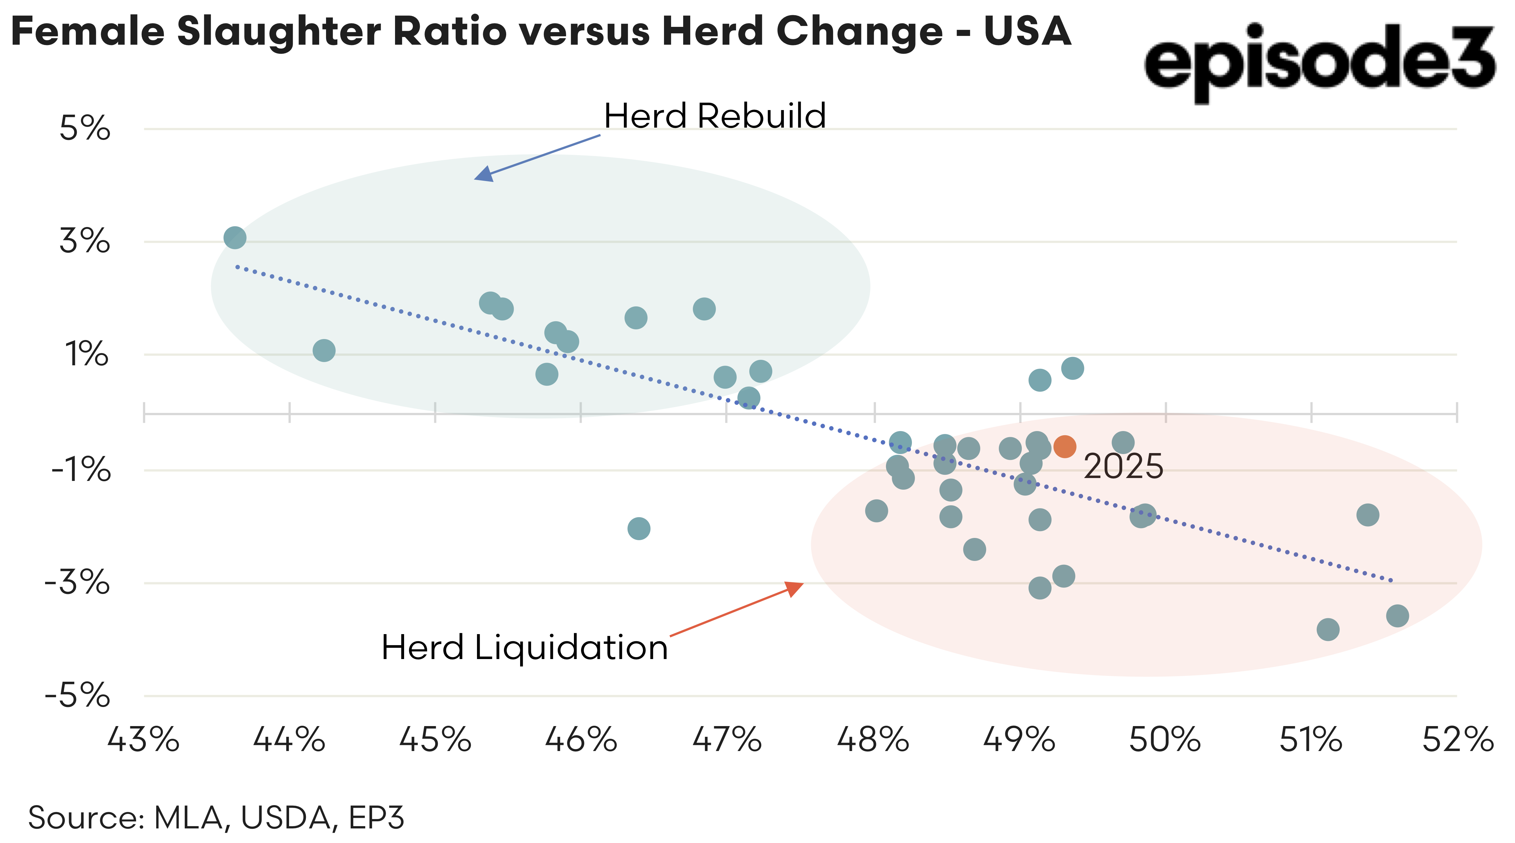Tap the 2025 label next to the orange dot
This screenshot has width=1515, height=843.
1123,467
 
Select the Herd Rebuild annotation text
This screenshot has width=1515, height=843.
715,116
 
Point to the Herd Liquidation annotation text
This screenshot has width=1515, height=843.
525,648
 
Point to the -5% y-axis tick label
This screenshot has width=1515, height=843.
78,696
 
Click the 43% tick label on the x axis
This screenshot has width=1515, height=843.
143,740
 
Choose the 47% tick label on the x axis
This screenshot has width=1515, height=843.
727,740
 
